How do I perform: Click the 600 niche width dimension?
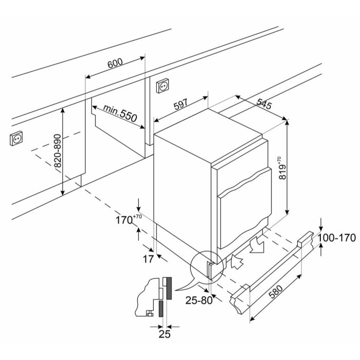115,63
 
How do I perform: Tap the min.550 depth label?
120,113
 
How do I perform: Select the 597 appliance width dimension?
181,104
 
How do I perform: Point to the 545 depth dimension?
264,103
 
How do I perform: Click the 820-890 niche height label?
58,151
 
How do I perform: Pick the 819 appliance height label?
283,168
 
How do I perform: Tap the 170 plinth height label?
129,220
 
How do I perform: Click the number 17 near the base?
148,259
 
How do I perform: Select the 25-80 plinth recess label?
199,300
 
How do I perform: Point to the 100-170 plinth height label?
337,238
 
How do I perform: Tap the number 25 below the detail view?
165,334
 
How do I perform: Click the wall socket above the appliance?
163,86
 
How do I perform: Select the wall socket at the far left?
16,138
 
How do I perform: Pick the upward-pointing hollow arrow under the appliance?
237,261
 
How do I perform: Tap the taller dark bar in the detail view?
169,289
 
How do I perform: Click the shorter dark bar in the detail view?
161,309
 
